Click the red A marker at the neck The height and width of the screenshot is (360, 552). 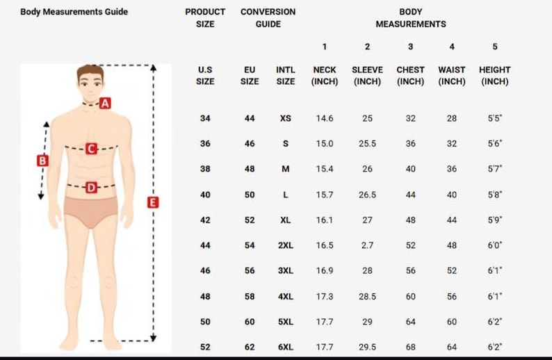(x=105, y=104)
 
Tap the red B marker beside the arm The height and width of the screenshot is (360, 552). (x=42, y=161)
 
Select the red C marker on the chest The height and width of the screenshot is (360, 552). (x=91, y=148)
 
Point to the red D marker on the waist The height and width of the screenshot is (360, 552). (x=91, y=187)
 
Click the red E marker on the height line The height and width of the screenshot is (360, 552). (x=153, y=202)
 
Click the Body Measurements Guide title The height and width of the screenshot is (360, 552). (x=74, y=12)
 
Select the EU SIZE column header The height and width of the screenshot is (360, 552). (x=250, y=76)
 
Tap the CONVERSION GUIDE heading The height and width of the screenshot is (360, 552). (x=268, y=18)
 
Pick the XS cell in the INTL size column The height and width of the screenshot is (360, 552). (x=286, y=119)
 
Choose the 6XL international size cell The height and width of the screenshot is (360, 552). (x=286, y=347)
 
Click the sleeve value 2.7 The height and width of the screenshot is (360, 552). (x=367, y=245)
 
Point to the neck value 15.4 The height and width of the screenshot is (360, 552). (x=325, y=170)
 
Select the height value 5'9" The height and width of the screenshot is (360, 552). (x=495, y=220)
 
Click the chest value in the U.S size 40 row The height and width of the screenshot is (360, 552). (x=410, y=195)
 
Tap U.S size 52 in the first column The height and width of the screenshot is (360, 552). (x=205, y=347)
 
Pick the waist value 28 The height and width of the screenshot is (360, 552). (x=452, y=119)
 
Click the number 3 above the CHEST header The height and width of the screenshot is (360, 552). (x=410, y=47)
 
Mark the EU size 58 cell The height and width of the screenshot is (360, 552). (x=250, y=296)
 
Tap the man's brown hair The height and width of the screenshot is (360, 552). (x=90, y=70)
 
